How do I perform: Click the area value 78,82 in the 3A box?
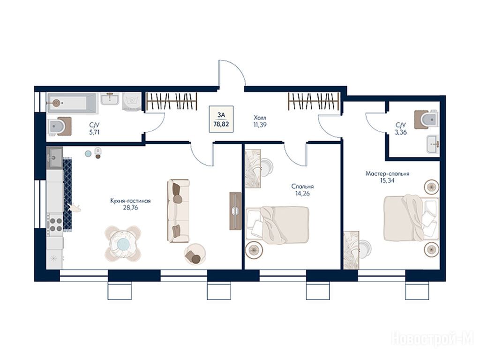[x=221, y=124]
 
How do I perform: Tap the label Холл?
[x=260, y=118]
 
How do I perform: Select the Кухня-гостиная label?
[x=130, y=201]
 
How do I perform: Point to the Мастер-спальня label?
[x=387, y=173]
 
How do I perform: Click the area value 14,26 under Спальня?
[x=302, y=193]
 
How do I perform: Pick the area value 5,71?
[x=94, y=132]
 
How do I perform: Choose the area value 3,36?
[x=400, y=132]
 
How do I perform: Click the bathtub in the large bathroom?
[x=72, y=103]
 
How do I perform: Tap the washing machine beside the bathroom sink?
[x=132, y=101]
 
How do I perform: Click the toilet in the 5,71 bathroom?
[x=60, y=126]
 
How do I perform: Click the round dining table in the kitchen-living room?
[x=123, y=244]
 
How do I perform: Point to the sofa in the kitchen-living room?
[x=178, y=211]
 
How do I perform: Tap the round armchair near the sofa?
[x=195, y=254]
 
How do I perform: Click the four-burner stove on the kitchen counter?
[x=55, y=224]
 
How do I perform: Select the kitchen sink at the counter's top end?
[x=54, y=157]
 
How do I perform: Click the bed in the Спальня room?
[x=277, y=225]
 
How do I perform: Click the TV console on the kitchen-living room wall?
[x=235, y=211]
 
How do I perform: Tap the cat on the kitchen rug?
[x=75, y=208]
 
